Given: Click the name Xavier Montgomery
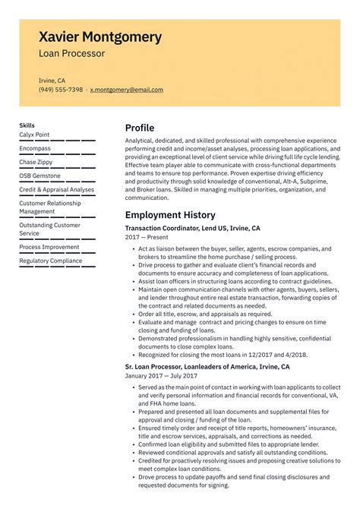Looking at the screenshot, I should pyautogui.click(x=100, y=36).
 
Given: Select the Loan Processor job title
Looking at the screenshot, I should pyautogui.click(x=72, y=54).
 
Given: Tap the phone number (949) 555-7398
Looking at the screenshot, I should pyautogui.click(x=61, y=90).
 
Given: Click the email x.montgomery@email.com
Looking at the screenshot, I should pyautogui.click(x=126, y=90).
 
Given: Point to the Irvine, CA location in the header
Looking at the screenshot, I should pyautogui.click(x=52, y=80).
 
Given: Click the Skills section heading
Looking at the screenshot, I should pyautogui.click(x=27, y=125).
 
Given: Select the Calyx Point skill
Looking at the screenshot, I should pyautogui.click(x=34, y=134).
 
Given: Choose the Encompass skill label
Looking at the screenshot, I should pyautogui.click(x=35, y=148).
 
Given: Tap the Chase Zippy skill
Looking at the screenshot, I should pyautogui.click(x=37, y=162).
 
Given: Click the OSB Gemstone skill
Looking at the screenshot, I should pyautogui.click(x=40, y=175).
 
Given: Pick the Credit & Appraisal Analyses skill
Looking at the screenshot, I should pyautogui.click(x=57, y=189).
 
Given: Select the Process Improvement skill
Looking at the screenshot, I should pyautogui.click(x=49, y=247).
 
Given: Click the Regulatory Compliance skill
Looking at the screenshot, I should pyautogui.click(x=51, y=261).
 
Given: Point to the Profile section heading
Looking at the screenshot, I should pyautogui.click(x=140, y=128).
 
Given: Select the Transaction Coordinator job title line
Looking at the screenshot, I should pyautogui.click(x=192, y=228).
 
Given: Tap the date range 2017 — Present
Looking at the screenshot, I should pyautogui.click(x=147, y=238).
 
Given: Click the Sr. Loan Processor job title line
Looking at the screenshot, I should pyautogui.click(x=207, y=367).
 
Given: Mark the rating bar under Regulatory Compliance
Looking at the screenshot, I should pyautogui.click(x=57, y=267).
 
